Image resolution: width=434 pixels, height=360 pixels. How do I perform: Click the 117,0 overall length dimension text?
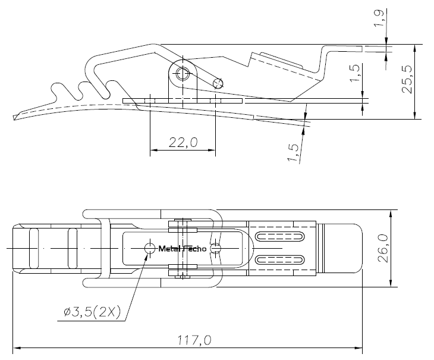click(194, 340)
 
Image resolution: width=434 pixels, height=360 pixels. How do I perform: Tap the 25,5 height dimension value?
click(407, 80)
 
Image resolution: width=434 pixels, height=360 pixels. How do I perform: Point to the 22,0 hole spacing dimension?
click(183, 142)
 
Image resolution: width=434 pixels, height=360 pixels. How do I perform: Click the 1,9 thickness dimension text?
click(379, 18)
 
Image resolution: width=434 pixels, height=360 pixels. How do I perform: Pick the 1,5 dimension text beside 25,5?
click(354, 73)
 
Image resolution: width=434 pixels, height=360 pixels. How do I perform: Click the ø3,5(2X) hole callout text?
click(92, 312)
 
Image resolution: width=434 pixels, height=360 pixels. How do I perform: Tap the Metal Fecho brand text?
click(183, 249)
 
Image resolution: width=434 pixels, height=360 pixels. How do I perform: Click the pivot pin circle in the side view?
click(183, 74)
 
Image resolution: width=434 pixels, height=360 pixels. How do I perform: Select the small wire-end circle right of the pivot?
click(218, 83)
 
